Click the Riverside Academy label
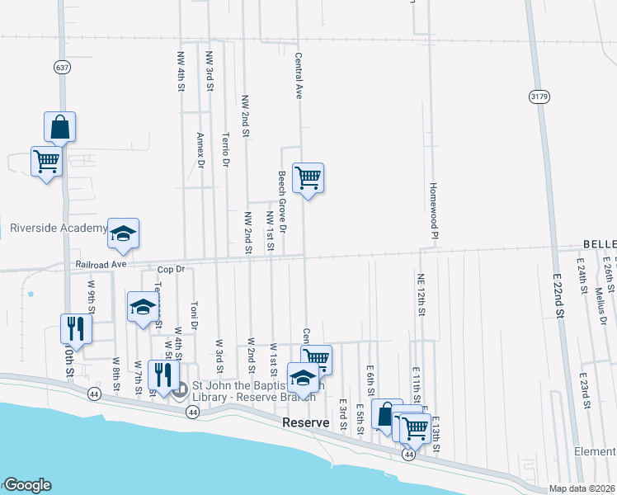tap(59, 228)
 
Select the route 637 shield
tap(63, 66)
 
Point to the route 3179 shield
tap(539, 97)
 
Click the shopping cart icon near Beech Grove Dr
tap(308, 177)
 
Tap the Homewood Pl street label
tap(431, 207)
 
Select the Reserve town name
tap(306, 422)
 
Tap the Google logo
tap(26, 485)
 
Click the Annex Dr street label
tap(200, 151)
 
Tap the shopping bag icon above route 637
tap(60, 127)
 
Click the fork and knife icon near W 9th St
tap(76, 328)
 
